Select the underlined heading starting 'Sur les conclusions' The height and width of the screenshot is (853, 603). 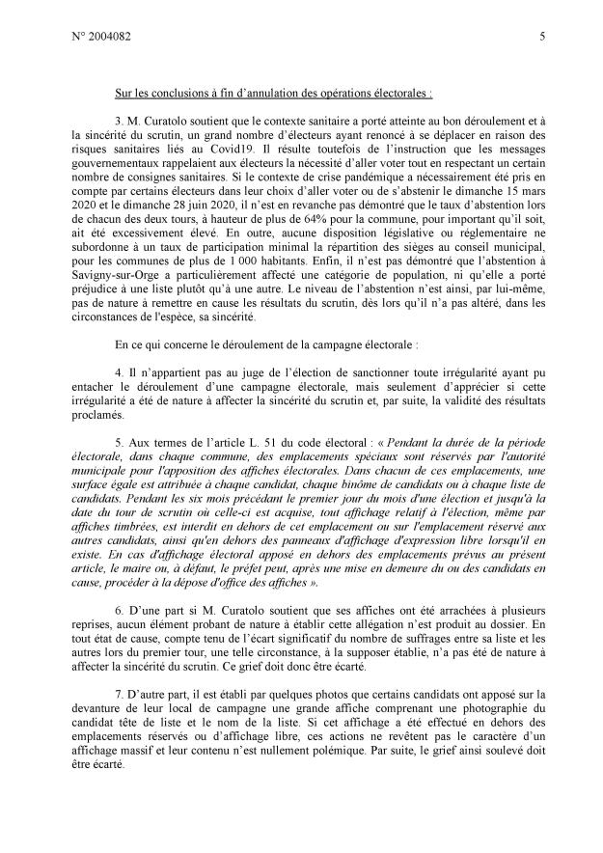[274, 94]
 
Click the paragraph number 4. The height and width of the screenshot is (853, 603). [119, 371]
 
